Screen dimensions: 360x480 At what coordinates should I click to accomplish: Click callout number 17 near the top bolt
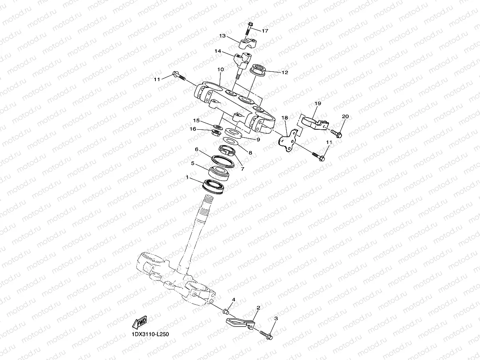coord(265,30)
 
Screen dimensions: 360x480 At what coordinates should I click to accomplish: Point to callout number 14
coord(218,51)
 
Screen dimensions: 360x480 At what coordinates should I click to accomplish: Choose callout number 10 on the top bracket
coord(220,69)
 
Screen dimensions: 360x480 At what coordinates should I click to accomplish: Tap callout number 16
coord(192,129)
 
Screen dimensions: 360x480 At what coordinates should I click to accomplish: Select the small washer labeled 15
coord(217,127)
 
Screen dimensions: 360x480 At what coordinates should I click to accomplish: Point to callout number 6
coord(196,149)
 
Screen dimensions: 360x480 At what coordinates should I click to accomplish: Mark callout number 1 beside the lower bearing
coord(187,178)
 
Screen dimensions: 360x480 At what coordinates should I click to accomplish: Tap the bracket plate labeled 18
coord(286,140)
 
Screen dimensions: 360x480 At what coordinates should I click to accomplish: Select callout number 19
coord(318,103)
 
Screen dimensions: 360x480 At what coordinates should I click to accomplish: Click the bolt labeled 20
coord(336,132)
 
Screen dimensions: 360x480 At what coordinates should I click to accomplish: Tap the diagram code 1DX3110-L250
coord(150,334)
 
